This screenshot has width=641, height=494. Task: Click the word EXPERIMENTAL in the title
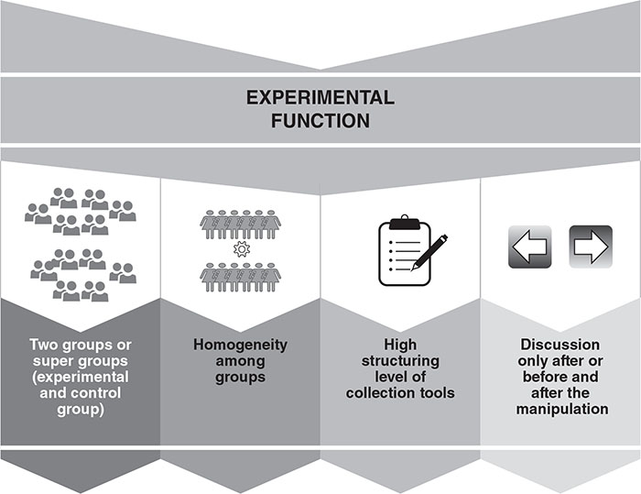coord(320,97)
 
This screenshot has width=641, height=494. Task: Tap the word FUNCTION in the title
coord(320,120)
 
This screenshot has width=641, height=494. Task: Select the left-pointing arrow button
coord(529,247)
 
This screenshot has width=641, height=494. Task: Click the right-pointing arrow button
coord(591,247)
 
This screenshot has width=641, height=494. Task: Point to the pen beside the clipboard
coord(430,252)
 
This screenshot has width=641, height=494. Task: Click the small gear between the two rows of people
coord(241,248)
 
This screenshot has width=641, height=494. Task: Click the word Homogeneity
coord(240,346)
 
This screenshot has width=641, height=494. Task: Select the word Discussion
coord(560,346)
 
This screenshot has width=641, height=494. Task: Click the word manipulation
coord(560,409)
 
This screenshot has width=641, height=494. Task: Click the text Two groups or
coord(79,346)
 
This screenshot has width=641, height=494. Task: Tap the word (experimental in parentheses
coord(79,377)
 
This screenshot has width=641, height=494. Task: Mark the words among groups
coord(240,369)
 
